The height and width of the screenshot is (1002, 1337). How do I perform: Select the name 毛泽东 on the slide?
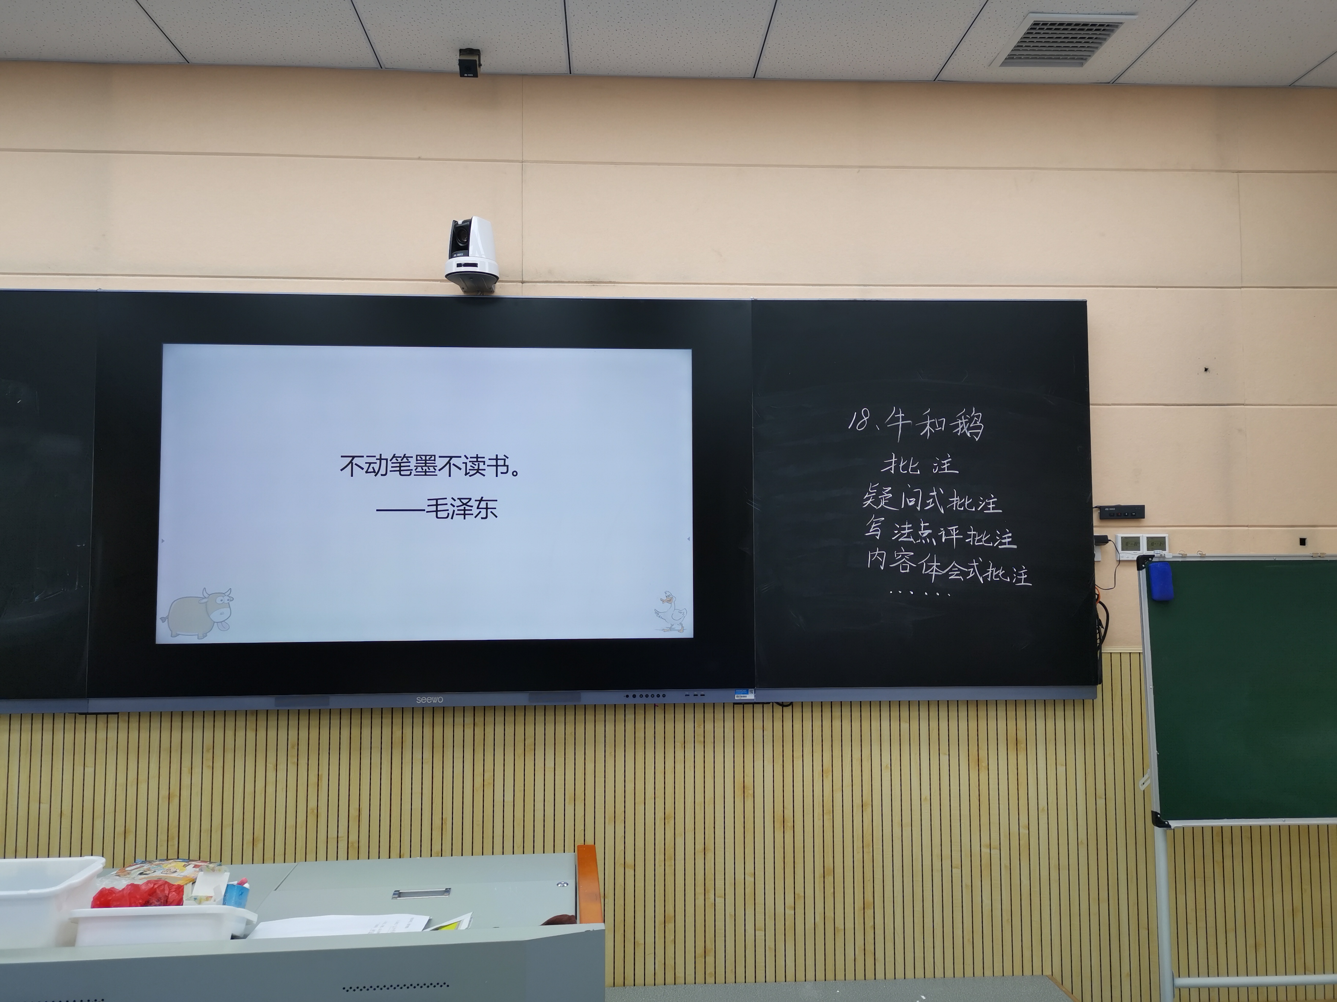(x=461, y=508)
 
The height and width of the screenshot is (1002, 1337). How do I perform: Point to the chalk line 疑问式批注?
(x=931, y=500)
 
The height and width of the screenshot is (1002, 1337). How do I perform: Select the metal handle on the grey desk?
(x=421, y=892)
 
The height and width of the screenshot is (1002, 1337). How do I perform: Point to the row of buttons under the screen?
(x=645, y=696)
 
